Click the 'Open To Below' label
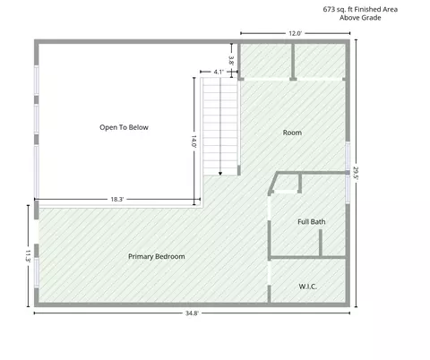[124, 127]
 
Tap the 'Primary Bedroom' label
[157, 256]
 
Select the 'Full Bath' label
[312, 222]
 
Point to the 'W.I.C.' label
[307, 287]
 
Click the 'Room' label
[292, 133]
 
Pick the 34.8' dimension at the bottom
[192, 313]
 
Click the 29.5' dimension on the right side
[356, 173]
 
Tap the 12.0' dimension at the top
[295, 33]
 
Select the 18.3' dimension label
[117, 199]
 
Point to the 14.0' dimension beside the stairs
[193, 141]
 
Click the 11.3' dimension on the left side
[28, 256]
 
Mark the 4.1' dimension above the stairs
[219, 72]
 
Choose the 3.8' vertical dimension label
[231, 61]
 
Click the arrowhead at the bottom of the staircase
[220, 174]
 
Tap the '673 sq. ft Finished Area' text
[360, 9]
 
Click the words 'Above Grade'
[360, 18]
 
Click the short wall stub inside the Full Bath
[321, 243]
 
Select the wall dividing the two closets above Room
[293, 62]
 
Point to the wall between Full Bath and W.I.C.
[307, 257]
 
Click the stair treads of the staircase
[220, 126]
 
